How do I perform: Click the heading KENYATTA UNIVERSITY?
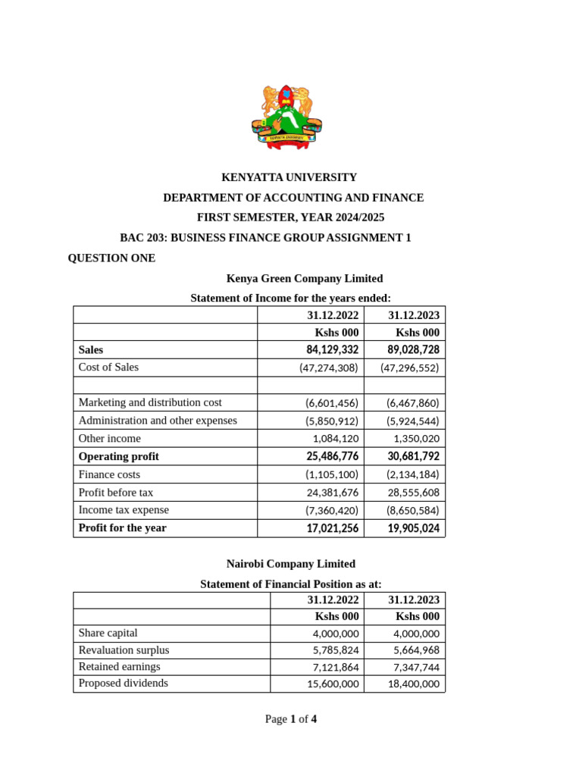[289, 177]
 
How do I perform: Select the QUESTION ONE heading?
[111, 258]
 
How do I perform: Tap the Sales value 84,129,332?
[333, 350]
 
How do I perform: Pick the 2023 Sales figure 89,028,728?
[413, 350]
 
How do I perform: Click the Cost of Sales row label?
[108, 368]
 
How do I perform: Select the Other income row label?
[109, 439]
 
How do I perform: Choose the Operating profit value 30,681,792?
[413, 457]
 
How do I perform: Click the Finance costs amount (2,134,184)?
[410, 475]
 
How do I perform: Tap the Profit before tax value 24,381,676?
[333, 493]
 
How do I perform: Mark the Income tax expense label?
[124, 510]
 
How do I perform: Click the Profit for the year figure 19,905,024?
[413, 528]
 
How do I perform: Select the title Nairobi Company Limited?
[290, 564]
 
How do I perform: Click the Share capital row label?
[108, 633]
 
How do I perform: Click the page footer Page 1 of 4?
[291, 719]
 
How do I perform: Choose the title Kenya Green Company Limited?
[305, 278]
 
